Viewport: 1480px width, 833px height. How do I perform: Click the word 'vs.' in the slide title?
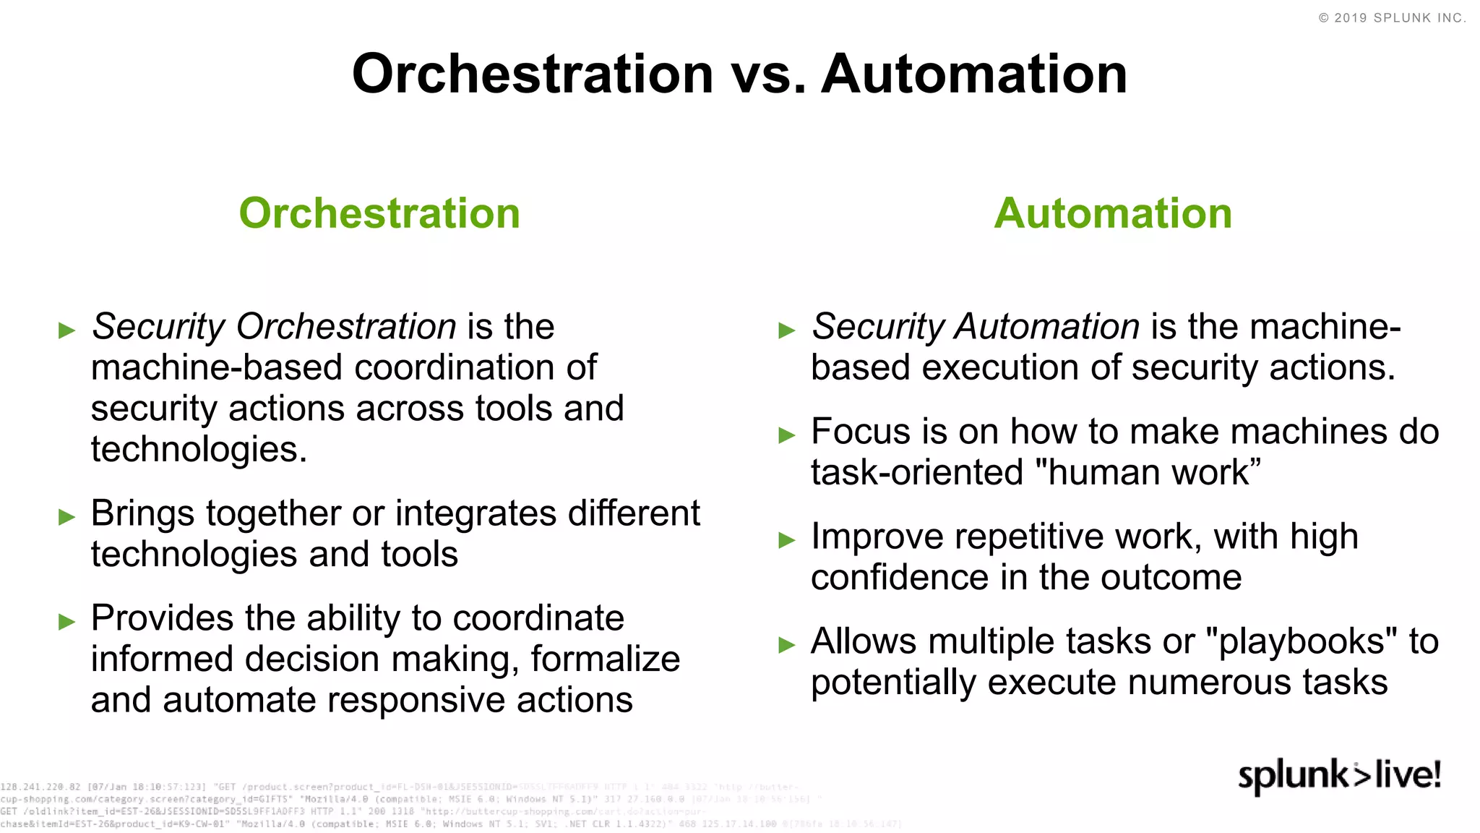pyautogui.click(x=767, y=74)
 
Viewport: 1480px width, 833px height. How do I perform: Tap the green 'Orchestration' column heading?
pyautogui.click(x=379, y=213)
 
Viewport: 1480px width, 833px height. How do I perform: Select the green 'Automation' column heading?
pyautogui.click(x=1113, y=213)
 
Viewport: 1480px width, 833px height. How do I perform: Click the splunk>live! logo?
pyautogui.click(x=1339, y=775)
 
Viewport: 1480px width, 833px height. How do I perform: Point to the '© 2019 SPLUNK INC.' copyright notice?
pyautogui.click(x=1392, y=18)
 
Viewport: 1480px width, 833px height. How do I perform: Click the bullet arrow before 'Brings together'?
pyautogui.click(x=66, y=516)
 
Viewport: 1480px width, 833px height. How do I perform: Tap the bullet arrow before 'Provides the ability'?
pyautogui.click(x=66, y=621)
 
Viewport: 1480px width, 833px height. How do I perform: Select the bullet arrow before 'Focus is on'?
pyautogui.click(x=786, y=435)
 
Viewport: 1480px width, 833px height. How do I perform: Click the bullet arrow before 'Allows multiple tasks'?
pyautogui.click(x=786, y=644)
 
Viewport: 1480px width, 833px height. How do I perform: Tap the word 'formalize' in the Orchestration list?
pyautogui.click(x=605, y=659)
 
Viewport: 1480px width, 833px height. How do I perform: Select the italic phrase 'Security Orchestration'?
pyautogui.click(x=274, y=327)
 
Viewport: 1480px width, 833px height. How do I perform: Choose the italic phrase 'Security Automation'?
pyautogui.click(x=976, y=327)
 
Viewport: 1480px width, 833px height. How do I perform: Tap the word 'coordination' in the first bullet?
pyautogui.click(x=455, y=367)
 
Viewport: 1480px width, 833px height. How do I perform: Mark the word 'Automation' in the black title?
pyautogui.click(x=974, y=74)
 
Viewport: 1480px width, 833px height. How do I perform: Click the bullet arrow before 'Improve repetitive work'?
pyautogui.click(x=786, y=539)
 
